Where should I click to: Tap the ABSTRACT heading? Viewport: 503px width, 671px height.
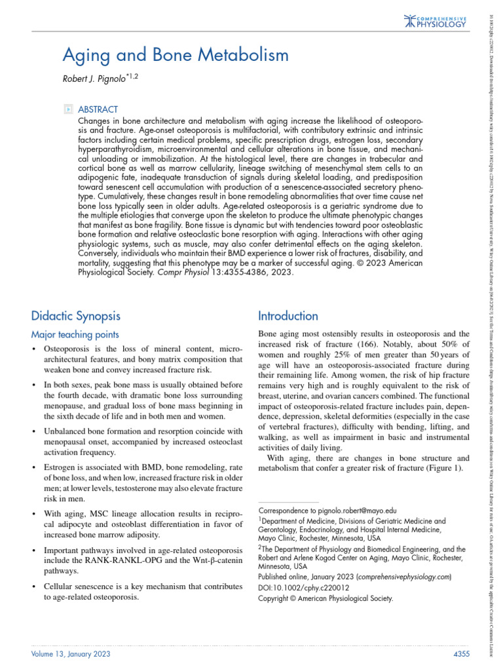click(98, 109)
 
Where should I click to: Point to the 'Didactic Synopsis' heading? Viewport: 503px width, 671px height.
click(76, 316)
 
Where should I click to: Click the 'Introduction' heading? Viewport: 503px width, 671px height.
click(288, 316)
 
